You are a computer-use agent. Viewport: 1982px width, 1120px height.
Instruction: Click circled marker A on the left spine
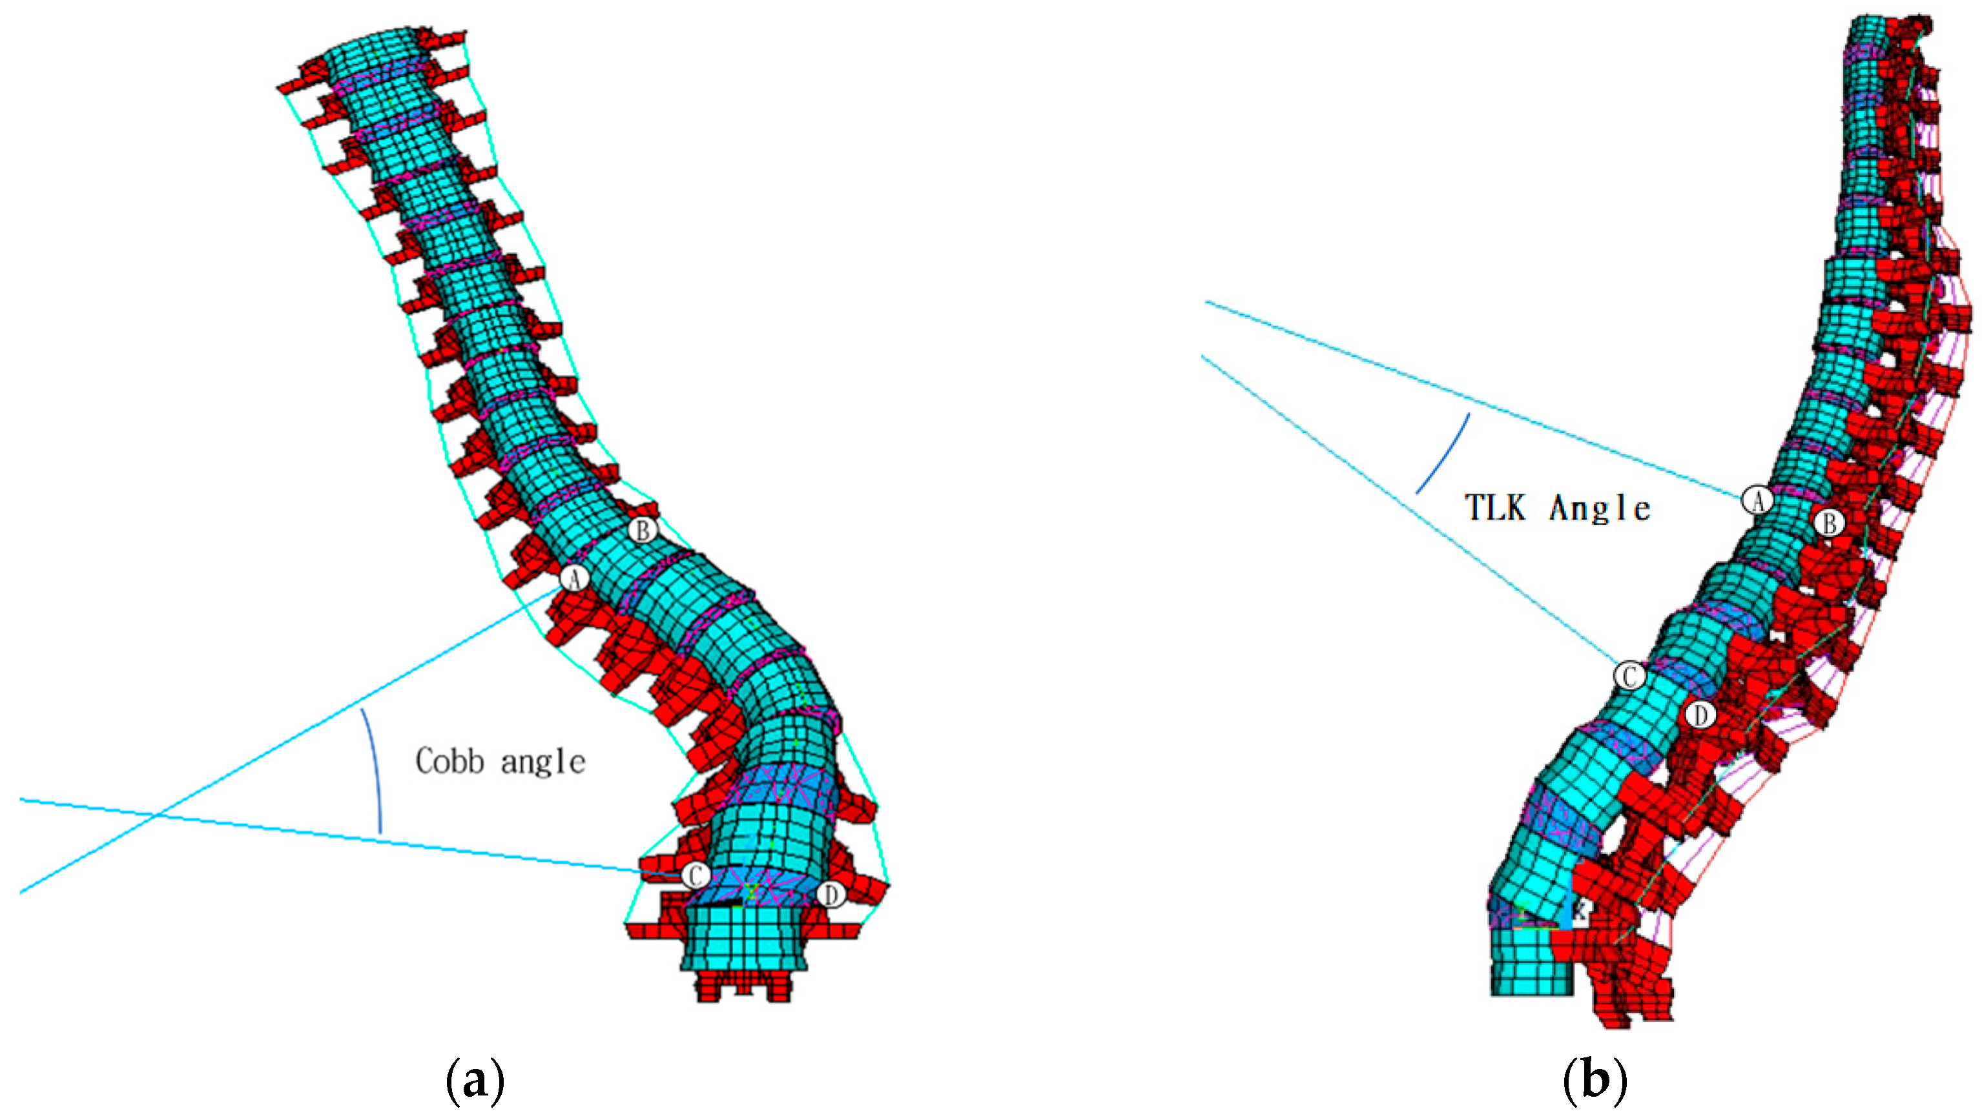coord(574,578)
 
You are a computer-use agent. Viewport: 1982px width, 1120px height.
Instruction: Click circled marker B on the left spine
coord(643,530)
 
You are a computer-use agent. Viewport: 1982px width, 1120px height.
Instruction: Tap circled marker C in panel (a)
coord(695,875)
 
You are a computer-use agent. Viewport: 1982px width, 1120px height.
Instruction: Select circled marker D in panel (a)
coord(831,895)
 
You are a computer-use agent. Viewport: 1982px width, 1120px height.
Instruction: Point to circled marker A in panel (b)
coord(1757,501)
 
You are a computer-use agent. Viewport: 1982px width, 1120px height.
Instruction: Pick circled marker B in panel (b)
coord(1830,524)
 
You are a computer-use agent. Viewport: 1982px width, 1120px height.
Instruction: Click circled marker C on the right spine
coord(1629,676)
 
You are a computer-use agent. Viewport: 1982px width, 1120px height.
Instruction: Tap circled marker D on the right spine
coord(1700,715)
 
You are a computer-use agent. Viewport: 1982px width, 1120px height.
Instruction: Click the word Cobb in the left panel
coord(450,762)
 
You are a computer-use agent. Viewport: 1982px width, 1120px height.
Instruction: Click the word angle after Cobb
coord(543,762)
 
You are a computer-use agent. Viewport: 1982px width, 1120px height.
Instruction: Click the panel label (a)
coord(475,1081)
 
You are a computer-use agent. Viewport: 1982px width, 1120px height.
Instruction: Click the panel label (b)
coord(1596,1081)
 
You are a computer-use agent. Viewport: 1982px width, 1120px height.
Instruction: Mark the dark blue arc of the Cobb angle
coord(375,769)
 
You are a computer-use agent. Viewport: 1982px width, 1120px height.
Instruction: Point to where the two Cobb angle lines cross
coord(158,814)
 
